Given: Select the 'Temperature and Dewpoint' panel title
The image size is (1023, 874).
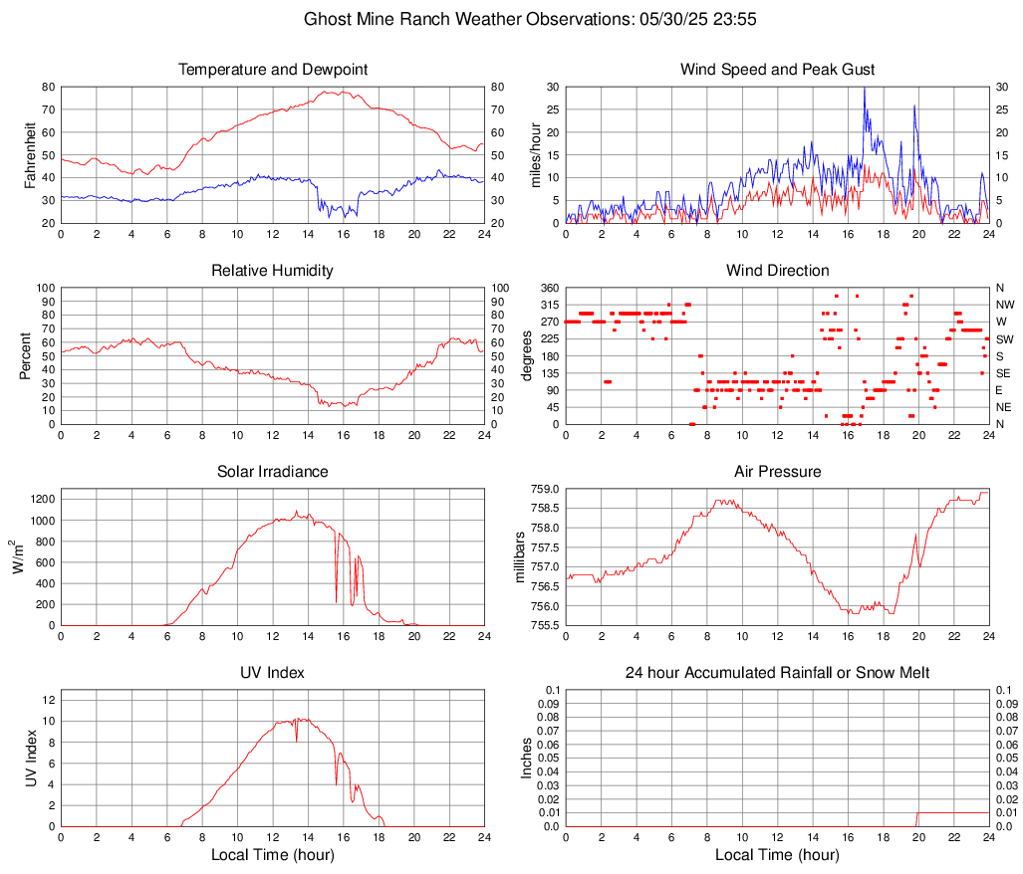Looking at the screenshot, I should coord(273,70).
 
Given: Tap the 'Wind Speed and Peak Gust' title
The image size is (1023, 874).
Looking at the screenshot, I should coord(777,70).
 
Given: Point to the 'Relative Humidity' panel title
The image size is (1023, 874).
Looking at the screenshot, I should coord(273,271).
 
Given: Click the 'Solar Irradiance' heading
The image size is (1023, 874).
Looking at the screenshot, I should coord(273,471).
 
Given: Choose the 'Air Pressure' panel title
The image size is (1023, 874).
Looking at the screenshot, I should coord(777,471).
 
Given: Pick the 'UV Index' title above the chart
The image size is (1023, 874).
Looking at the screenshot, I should coord(273,673).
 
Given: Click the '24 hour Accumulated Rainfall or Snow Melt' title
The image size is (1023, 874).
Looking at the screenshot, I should coord(777,673).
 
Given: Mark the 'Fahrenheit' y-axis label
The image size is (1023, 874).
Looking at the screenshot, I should coord(30,154).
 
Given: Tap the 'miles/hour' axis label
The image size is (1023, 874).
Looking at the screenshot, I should coord(535,154).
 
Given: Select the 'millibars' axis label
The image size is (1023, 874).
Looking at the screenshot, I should coord(518,556).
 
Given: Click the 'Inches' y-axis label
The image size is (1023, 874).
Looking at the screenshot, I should coord(527,759).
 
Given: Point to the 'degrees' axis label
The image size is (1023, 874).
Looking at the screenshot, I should coord(527,355).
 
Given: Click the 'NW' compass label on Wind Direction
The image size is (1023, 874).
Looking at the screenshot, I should coord(1004,305).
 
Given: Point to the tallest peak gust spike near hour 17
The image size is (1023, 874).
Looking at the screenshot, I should coord(864,89).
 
